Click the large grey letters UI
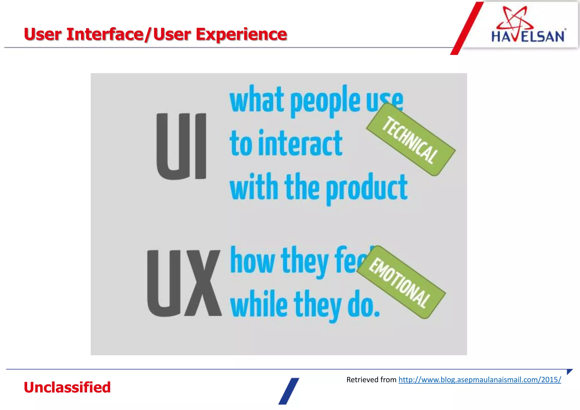pos(181,146)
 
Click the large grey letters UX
pos(184,283)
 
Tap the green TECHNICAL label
pos(411,140)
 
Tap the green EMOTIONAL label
pos(401,282)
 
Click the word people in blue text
pos(325,101)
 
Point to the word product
pos(366,188)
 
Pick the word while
pos(259,304)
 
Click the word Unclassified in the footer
pos(67,387)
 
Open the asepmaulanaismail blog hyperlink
pos(479,380)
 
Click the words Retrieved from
pos(371,380)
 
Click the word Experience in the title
pos(241,34)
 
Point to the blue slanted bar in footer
pos(289,391)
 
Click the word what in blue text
pos(257,100)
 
